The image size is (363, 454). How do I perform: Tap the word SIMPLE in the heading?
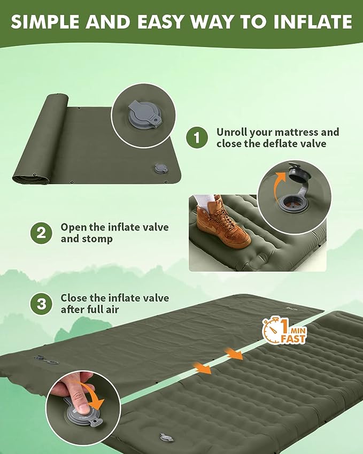click(44, 22)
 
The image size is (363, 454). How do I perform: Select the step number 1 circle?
click(197, 137)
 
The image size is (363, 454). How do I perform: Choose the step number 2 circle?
click(41, 233)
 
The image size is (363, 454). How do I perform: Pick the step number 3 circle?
click(41, 304)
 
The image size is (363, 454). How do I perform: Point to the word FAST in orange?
click(293, 339)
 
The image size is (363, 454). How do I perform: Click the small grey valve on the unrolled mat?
click(160, 168)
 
